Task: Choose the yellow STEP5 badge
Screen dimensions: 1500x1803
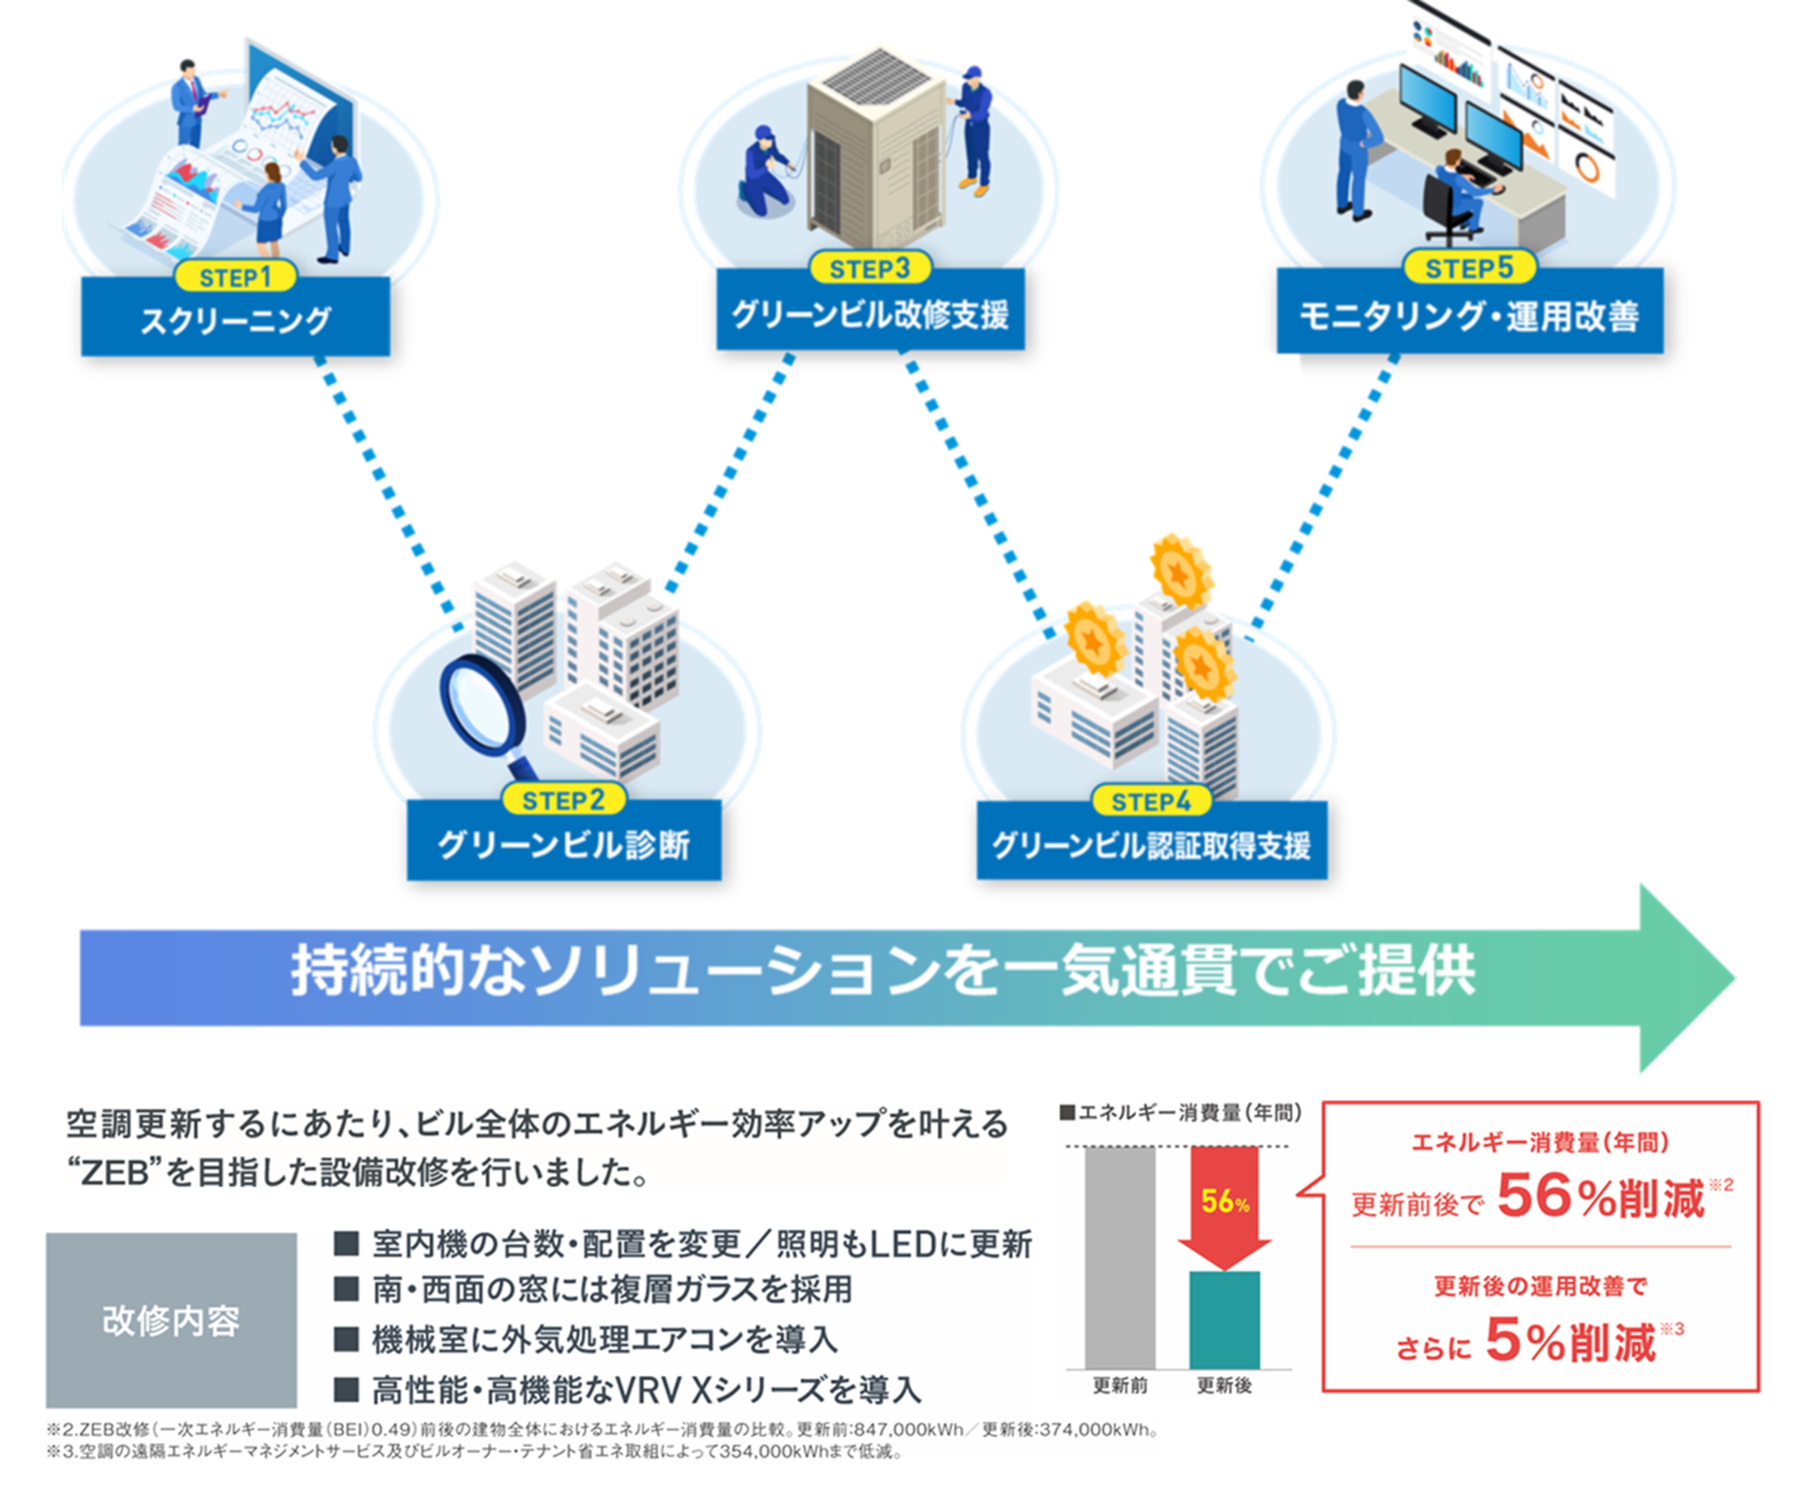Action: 1469,268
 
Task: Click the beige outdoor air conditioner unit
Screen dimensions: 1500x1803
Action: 876,146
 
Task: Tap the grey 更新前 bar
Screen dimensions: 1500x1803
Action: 1119,1257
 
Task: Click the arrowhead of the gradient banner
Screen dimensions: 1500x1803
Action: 1683,978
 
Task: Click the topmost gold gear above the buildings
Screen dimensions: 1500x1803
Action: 1182,571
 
